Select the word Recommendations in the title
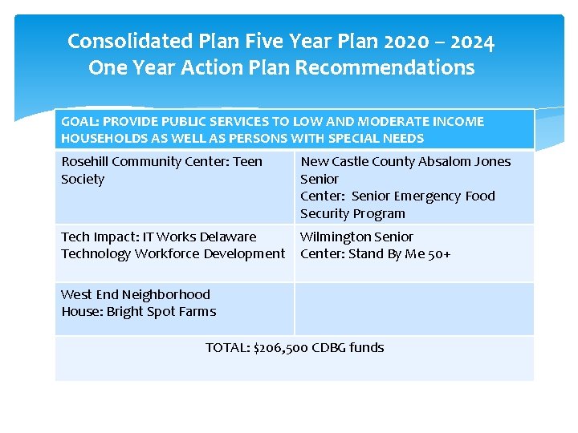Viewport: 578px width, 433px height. click(x=385, y=67)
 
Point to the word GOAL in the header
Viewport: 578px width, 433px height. click(x=79, y=122)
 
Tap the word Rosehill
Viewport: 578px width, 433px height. click(x=85, y=162)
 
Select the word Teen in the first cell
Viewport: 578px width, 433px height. click(x=247, y=162)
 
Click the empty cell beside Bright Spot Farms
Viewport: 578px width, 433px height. click(x=413, y=308)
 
